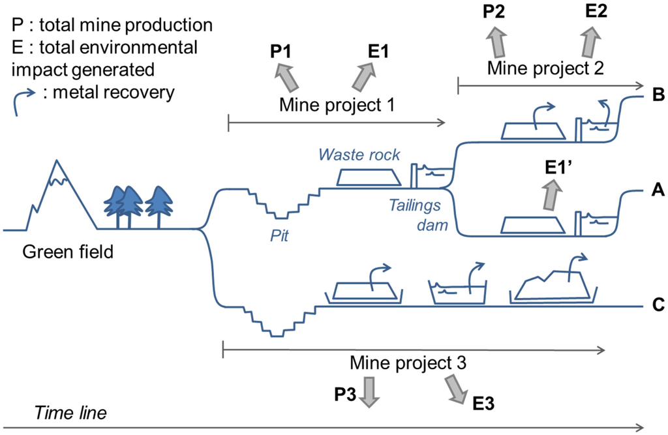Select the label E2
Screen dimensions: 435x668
pyautogui.click(x=595, y=13)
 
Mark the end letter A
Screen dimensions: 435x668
pyautogui.click(x=658, y=190)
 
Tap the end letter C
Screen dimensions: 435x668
pyautogui.click(x=658, y=305)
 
